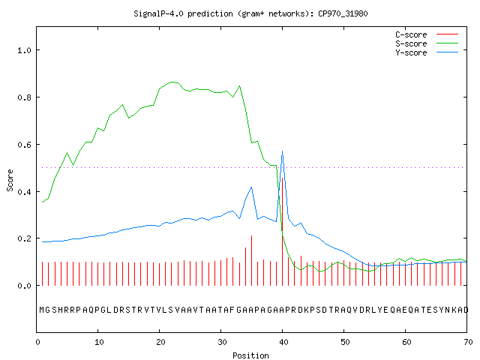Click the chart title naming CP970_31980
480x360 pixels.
250,13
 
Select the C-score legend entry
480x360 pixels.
427,34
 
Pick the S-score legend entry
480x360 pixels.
427,43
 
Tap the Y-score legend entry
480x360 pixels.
427,52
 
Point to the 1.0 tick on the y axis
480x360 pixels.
25,50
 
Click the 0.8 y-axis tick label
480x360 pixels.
25,97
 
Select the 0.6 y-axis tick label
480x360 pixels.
25,145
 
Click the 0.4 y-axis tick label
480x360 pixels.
25,192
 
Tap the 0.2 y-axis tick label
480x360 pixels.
25,238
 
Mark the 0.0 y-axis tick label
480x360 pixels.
25,286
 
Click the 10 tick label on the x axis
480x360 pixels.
98,342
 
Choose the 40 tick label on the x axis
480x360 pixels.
283,342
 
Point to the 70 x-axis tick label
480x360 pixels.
468,342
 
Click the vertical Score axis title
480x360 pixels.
10,180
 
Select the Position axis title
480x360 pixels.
250,355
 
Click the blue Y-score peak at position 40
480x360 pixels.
282,151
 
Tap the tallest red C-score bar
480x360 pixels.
282,232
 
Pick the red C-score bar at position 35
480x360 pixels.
252,260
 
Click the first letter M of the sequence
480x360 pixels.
42,310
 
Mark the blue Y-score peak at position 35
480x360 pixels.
251,187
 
